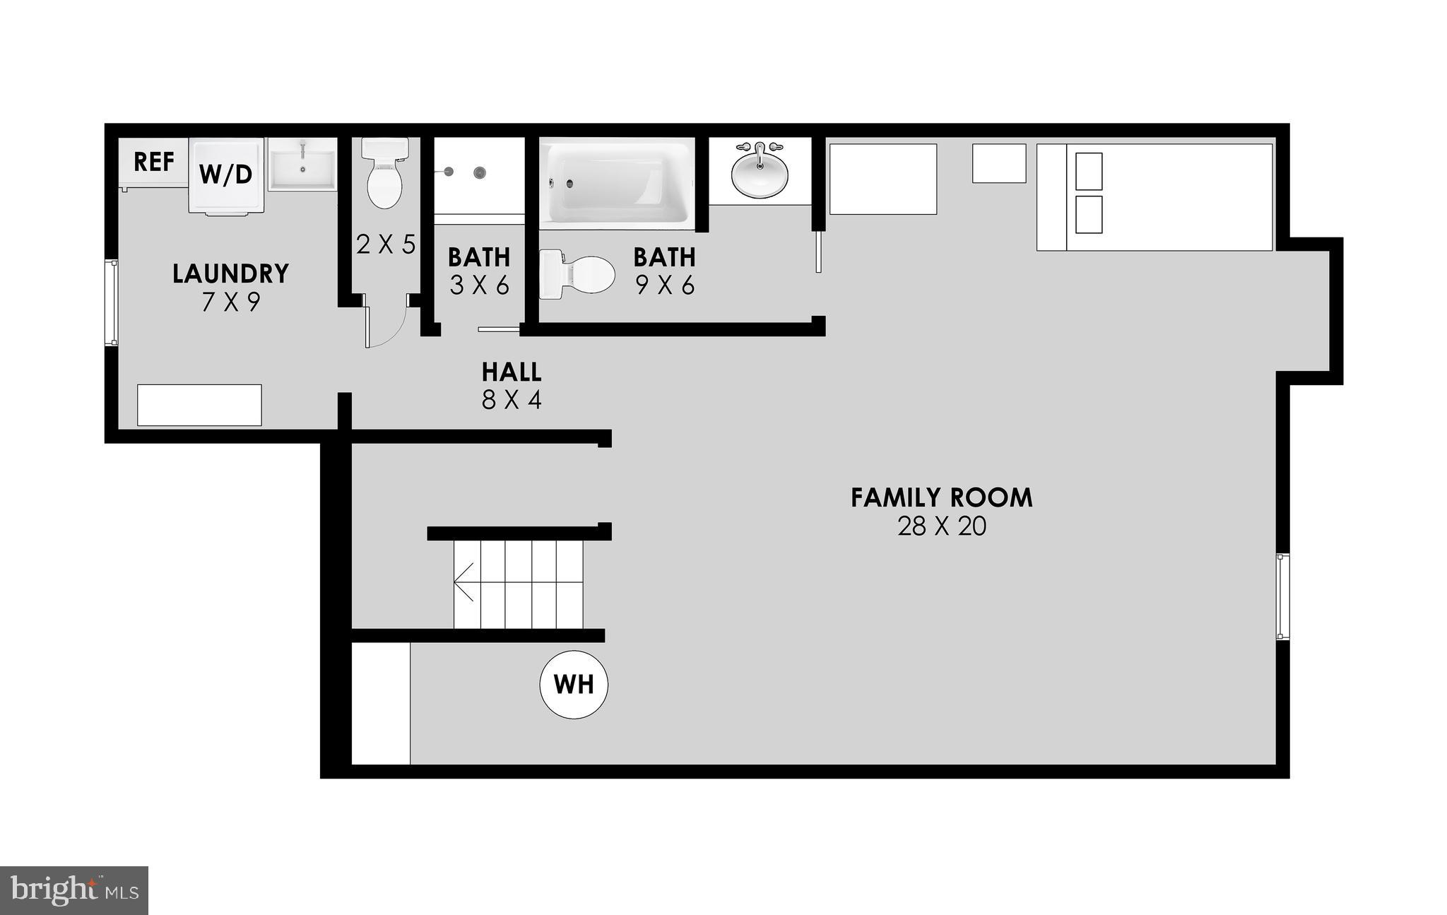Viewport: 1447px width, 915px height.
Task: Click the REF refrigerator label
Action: [x=153, y=162]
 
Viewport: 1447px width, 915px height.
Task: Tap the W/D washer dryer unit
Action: [x=225, y=175]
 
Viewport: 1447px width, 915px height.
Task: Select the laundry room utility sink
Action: [x=303, y=164]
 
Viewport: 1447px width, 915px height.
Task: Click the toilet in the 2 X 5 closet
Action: [x=385, y=173]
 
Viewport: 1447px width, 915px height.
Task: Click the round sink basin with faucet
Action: [x=760, y=173]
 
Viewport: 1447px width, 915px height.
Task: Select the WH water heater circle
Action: [x=574, y=685]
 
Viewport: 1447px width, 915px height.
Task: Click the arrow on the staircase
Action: [x=463, y=584]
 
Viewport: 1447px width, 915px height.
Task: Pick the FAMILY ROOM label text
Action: [x=941, y=498]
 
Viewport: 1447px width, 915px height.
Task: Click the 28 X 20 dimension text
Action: [x=941, y=527]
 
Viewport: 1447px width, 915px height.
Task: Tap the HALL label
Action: [x=512, y=372]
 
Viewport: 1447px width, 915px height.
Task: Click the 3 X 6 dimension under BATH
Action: [x=479, y=285]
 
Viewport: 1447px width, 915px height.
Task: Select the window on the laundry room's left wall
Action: [x=112, y=302]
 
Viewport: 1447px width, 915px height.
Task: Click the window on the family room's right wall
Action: [x=1282, y=596]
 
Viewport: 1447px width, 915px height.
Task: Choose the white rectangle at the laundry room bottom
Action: [x=199, y=405]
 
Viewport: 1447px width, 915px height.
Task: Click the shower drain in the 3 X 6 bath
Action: [x=480, y=172]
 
